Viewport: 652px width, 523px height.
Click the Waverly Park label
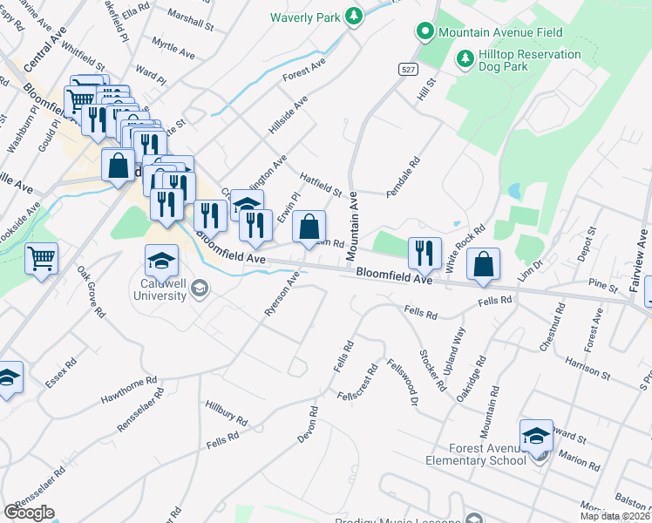303,17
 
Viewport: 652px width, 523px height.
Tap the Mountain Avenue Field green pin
425,32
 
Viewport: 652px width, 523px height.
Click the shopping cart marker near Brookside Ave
41,259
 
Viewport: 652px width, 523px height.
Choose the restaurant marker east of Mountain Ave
424,253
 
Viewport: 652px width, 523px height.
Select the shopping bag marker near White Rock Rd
483,265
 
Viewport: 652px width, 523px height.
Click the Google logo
29,513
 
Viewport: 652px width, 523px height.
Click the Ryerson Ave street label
282,295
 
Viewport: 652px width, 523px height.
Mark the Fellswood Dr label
404,384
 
